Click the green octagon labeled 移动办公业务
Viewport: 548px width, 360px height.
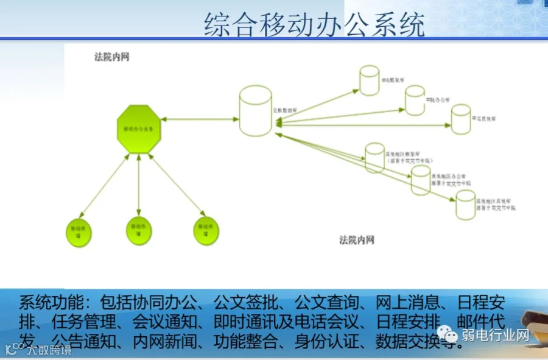139,129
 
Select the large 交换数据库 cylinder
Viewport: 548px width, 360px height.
255,110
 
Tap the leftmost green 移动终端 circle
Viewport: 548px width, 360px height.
79,231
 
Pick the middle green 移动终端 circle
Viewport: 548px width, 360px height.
139,230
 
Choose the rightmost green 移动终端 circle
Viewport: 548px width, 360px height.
205,230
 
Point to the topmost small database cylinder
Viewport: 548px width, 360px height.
369,80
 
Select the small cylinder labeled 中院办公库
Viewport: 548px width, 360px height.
415,100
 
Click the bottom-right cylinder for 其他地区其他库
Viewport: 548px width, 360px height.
466,204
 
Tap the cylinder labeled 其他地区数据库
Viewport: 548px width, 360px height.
374,157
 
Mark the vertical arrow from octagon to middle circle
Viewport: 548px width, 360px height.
139,186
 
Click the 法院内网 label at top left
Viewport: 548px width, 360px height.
111,57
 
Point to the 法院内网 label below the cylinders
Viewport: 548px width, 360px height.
357,240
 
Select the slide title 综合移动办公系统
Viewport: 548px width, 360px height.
314,25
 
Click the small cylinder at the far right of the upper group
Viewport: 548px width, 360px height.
461,119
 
